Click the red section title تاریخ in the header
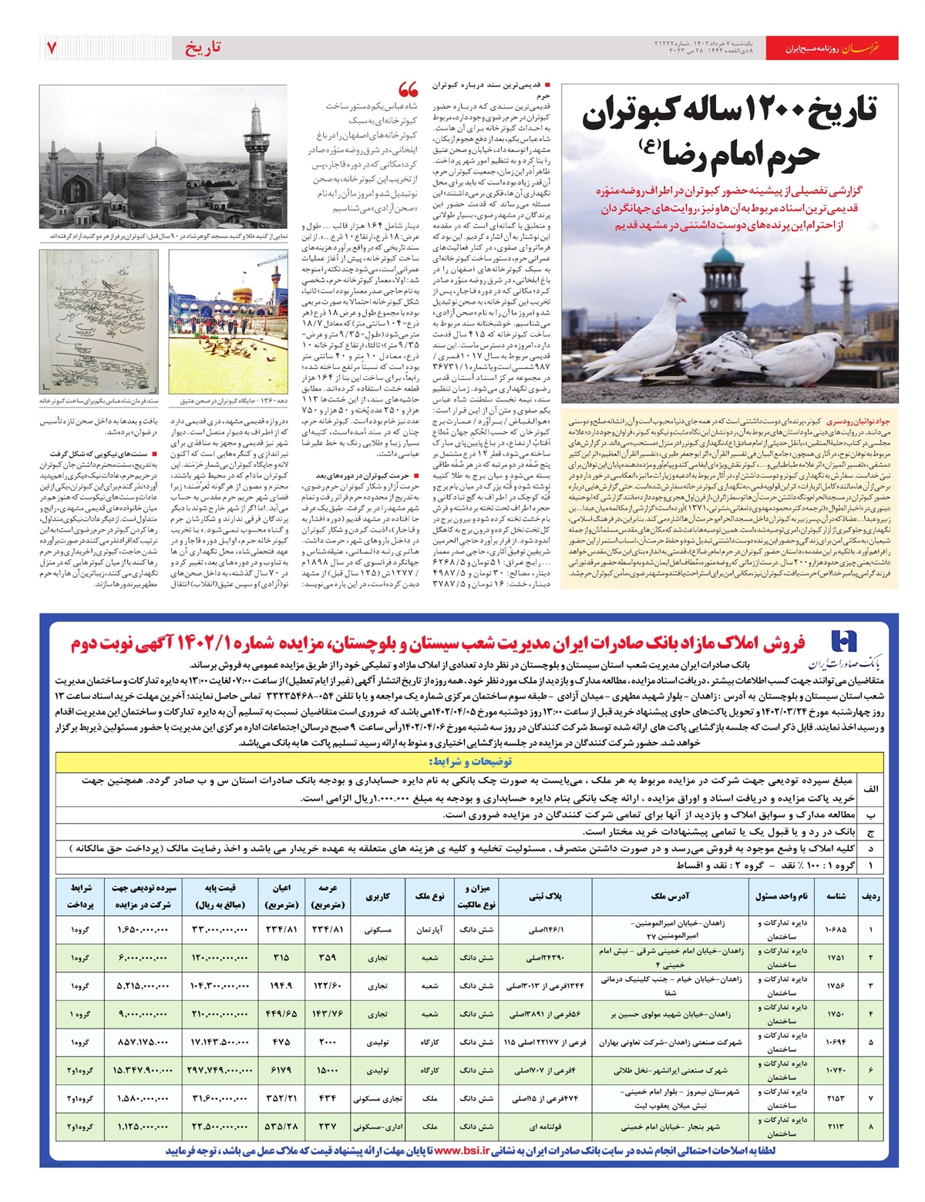(x=203, y=48)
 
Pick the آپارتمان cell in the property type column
(x=430, y=930)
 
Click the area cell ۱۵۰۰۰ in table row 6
(x=328, y=1070)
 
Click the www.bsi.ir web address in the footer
(x=462, y=1151)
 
